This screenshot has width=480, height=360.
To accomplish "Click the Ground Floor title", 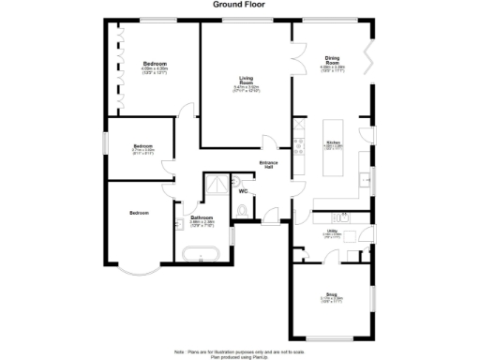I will coord(239,5).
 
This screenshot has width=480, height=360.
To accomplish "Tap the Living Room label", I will coord(246,82).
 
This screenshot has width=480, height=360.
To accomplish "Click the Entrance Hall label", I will coord(266,165).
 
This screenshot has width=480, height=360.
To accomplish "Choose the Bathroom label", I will coord(202,218).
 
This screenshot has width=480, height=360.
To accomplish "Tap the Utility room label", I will coord(332,230).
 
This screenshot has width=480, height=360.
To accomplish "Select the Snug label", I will coord(332,294).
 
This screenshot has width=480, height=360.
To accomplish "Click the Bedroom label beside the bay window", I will coord(139,214).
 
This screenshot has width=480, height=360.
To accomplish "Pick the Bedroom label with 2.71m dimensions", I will coord(142,146).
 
